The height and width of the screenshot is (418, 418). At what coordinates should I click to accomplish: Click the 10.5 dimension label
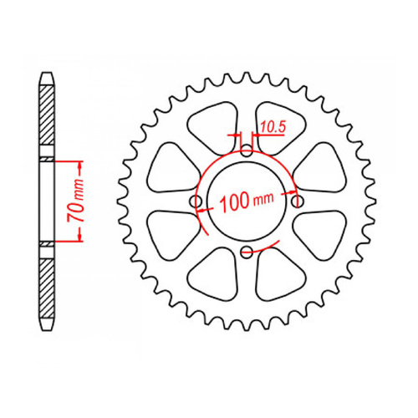click(x=272, y=127)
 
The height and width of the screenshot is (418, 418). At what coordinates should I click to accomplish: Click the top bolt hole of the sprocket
click(x=247, y=151)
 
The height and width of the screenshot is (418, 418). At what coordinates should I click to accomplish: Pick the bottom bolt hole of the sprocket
click(x=247, y=251)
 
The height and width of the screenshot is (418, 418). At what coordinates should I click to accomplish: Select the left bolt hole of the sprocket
click(x=196, y=201)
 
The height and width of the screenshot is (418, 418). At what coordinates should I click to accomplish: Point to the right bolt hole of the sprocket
click(x=297, y=201)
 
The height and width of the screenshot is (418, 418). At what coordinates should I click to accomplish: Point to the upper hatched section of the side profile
click(x=46, y=121)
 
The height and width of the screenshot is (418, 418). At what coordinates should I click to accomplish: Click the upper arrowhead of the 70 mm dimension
click(x=80, y=161)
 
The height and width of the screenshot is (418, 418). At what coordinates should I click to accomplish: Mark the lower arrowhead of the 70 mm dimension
click(x=80, y=240)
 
